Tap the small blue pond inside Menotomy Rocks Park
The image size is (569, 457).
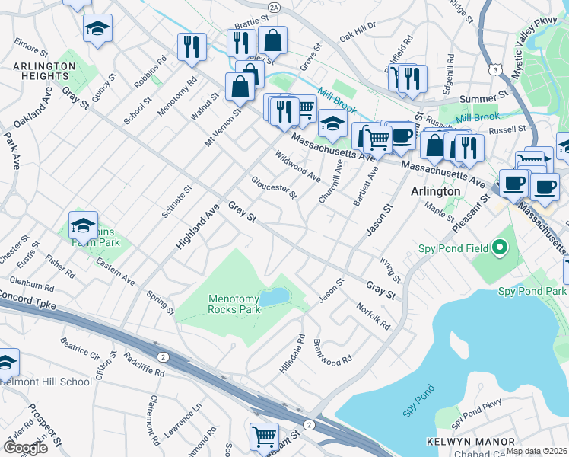274,297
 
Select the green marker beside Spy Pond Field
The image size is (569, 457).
500,248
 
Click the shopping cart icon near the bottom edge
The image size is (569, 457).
264,437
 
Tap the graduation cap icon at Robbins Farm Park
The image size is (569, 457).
83,225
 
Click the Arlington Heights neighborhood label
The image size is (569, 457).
44,72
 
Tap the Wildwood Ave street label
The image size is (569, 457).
297,166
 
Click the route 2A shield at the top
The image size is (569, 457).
275,6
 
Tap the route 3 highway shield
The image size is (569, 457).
495,69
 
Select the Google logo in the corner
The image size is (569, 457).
25,447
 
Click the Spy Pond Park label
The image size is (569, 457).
532,291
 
